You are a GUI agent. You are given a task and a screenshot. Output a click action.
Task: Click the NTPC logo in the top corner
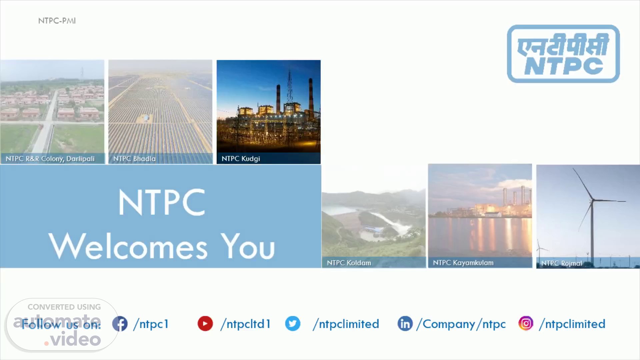pos(563,54)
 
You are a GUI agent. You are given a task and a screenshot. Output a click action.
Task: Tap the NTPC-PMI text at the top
pos(57,21)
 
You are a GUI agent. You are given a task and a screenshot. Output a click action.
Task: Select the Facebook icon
pos(120,324)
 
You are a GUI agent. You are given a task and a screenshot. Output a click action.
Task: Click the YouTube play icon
pos(205,324)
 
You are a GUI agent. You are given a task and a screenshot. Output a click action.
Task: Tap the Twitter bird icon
pos(293,324)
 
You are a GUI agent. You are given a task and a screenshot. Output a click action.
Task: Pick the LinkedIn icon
pos(405,324)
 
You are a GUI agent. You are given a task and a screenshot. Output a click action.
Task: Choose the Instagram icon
pos(526,324)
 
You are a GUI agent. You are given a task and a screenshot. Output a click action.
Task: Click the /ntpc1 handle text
pos(151,324)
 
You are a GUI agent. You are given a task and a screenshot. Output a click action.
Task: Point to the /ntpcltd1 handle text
pos(246,324)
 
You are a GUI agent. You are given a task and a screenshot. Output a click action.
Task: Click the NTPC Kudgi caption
pos(241,159)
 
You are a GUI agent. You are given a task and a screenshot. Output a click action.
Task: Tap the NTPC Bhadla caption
pos(134,159)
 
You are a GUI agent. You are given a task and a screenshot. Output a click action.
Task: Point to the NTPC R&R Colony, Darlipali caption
pos(50,159)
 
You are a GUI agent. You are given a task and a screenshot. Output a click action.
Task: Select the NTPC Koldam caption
pos(349,263)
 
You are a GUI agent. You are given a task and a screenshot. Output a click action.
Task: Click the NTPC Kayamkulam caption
pos(463,263)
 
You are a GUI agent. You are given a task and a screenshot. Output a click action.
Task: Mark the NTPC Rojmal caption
pos(562,263)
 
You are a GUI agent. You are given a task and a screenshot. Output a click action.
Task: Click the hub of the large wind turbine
pos(592,201)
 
